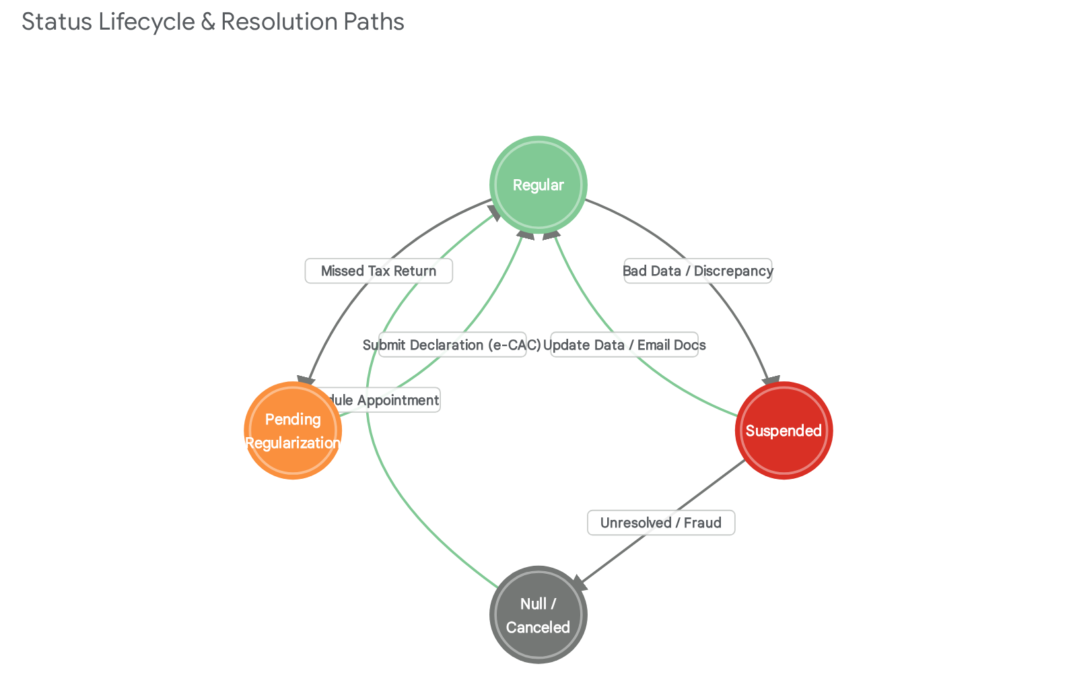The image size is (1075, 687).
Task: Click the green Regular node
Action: coord(538,185)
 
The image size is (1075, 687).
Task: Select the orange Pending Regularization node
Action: coord(293,430)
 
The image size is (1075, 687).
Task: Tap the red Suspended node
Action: coord(784,430)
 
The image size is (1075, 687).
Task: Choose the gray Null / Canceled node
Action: coord(538,614)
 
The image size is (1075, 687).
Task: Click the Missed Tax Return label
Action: coord(378,271)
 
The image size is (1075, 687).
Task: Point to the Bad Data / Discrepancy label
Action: coord(698,271)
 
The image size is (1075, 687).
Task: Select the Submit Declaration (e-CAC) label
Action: coord(452,345)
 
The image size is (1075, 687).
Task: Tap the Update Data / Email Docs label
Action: coord(625,345)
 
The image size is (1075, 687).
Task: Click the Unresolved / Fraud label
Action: coord(661,523)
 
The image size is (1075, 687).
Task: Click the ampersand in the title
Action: coord(208,22)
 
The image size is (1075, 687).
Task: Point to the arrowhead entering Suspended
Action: coord(771,381)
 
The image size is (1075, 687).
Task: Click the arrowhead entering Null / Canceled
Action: coord(580,583)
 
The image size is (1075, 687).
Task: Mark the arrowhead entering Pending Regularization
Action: coord(307,381)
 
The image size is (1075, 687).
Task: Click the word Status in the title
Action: coord(57,22)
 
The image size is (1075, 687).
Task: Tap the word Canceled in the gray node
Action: coord(538,627)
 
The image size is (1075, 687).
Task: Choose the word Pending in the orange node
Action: coord(293,419)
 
